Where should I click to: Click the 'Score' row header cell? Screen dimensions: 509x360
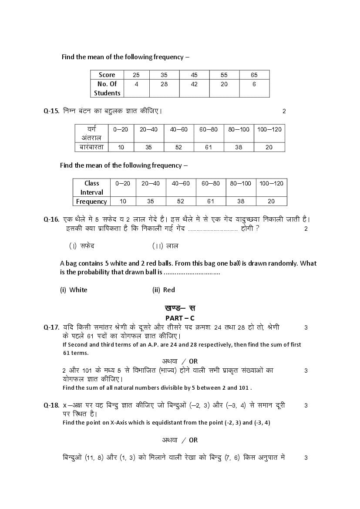[107, 75]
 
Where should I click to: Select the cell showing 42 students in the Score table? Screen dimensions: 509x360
[194, 84]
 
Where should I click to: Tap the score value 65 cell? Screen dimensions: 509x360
[254, 75]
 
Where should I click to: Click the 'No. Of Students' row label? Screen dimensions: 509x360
[107, 88]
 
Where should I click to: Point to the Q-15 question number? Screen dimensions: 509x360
[51, 111]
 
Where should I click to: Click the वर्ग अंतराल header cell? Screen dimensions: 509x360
[91, 133]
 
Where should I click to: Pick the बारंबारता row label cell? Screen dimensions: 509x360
[91, 147]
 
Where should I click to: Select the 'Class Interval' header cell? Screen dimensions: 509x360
[91, 188]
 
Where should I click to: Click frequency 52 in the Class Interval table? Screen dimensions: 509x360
[181, 201]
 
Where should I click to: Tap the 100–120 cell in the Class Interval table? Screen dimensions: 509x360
[271, 183]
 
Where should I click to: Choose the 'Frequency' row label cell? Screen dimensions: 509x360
[91, 201]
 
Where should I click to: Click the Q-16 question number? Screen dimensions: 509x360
[51, 219]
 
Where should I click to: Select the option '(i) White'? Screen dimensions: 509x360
[74, 290]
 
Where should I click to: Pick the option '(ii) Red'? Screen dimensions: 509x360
[164, 290]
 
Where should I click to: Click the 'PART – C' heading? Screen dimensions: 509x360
[180, 318]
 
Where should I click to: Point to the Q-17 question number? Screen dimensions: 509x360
[51, 327]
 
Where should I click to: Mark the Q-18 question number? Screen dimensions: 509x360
[51, 405]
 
